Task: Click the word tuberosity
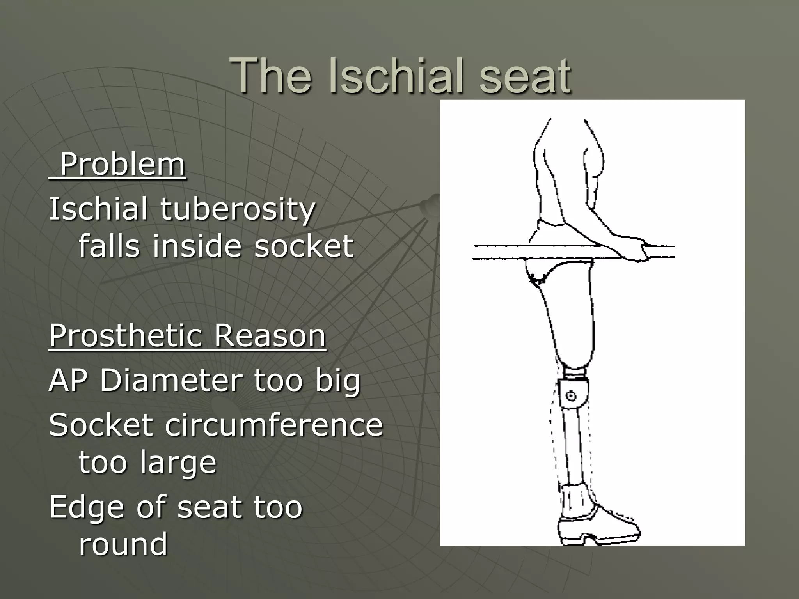(x=238, y=209)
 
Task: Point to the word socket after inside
(x=304, y=246)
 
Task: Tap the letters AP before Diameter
(x=68, y=380)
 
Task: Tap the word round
(x=123, y=544)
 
